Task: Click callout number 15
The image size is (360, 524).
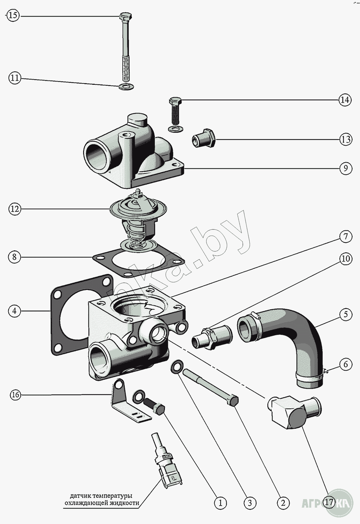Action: click(x=14, y=16)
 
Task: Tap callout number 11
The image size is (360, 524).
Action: click(x=14, y=78)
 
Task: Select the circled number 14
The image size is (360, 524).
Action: click(x=345, y=100)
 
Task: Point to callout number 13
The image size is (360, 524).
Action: click(x=345, y=139)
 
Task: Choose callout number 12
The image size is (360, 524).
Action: click(x=14, y=209)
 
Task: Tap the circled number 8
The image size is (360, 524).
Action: click(x=14, y=257)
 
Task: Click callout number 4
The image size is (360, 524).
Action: click(x=14, y=311)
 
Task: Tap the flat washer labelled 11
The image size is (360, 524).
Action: click(x=126, y=87)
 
